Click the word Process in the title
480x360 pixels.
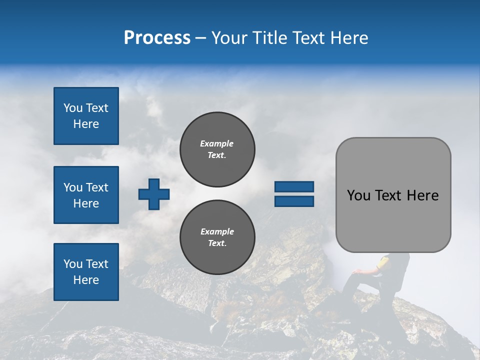[x=157, y=38]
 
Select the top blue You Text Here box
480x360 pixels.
[x=86, y=116]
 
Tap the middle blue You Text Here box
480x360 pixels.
[x=86, y=195]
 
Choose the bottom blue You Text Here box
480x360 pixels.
[x=86, y=272]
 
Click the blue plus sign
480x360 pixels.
[x=154, y=194]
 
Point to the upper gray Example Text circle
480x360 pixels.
[x=217, y=149]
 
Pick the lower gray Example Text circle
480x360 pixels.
[x=217, y=237]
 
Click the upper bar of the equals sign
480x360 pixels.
[x=294, y=187]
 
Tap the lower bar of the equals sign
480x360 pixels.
[x=294, y=201]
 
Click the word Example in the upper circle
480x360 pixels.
[x=216, y=143]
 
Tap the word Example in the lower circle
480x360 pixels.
[x=217, y=231]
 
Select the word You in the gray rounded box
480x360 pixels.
[x=358, y=195]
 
